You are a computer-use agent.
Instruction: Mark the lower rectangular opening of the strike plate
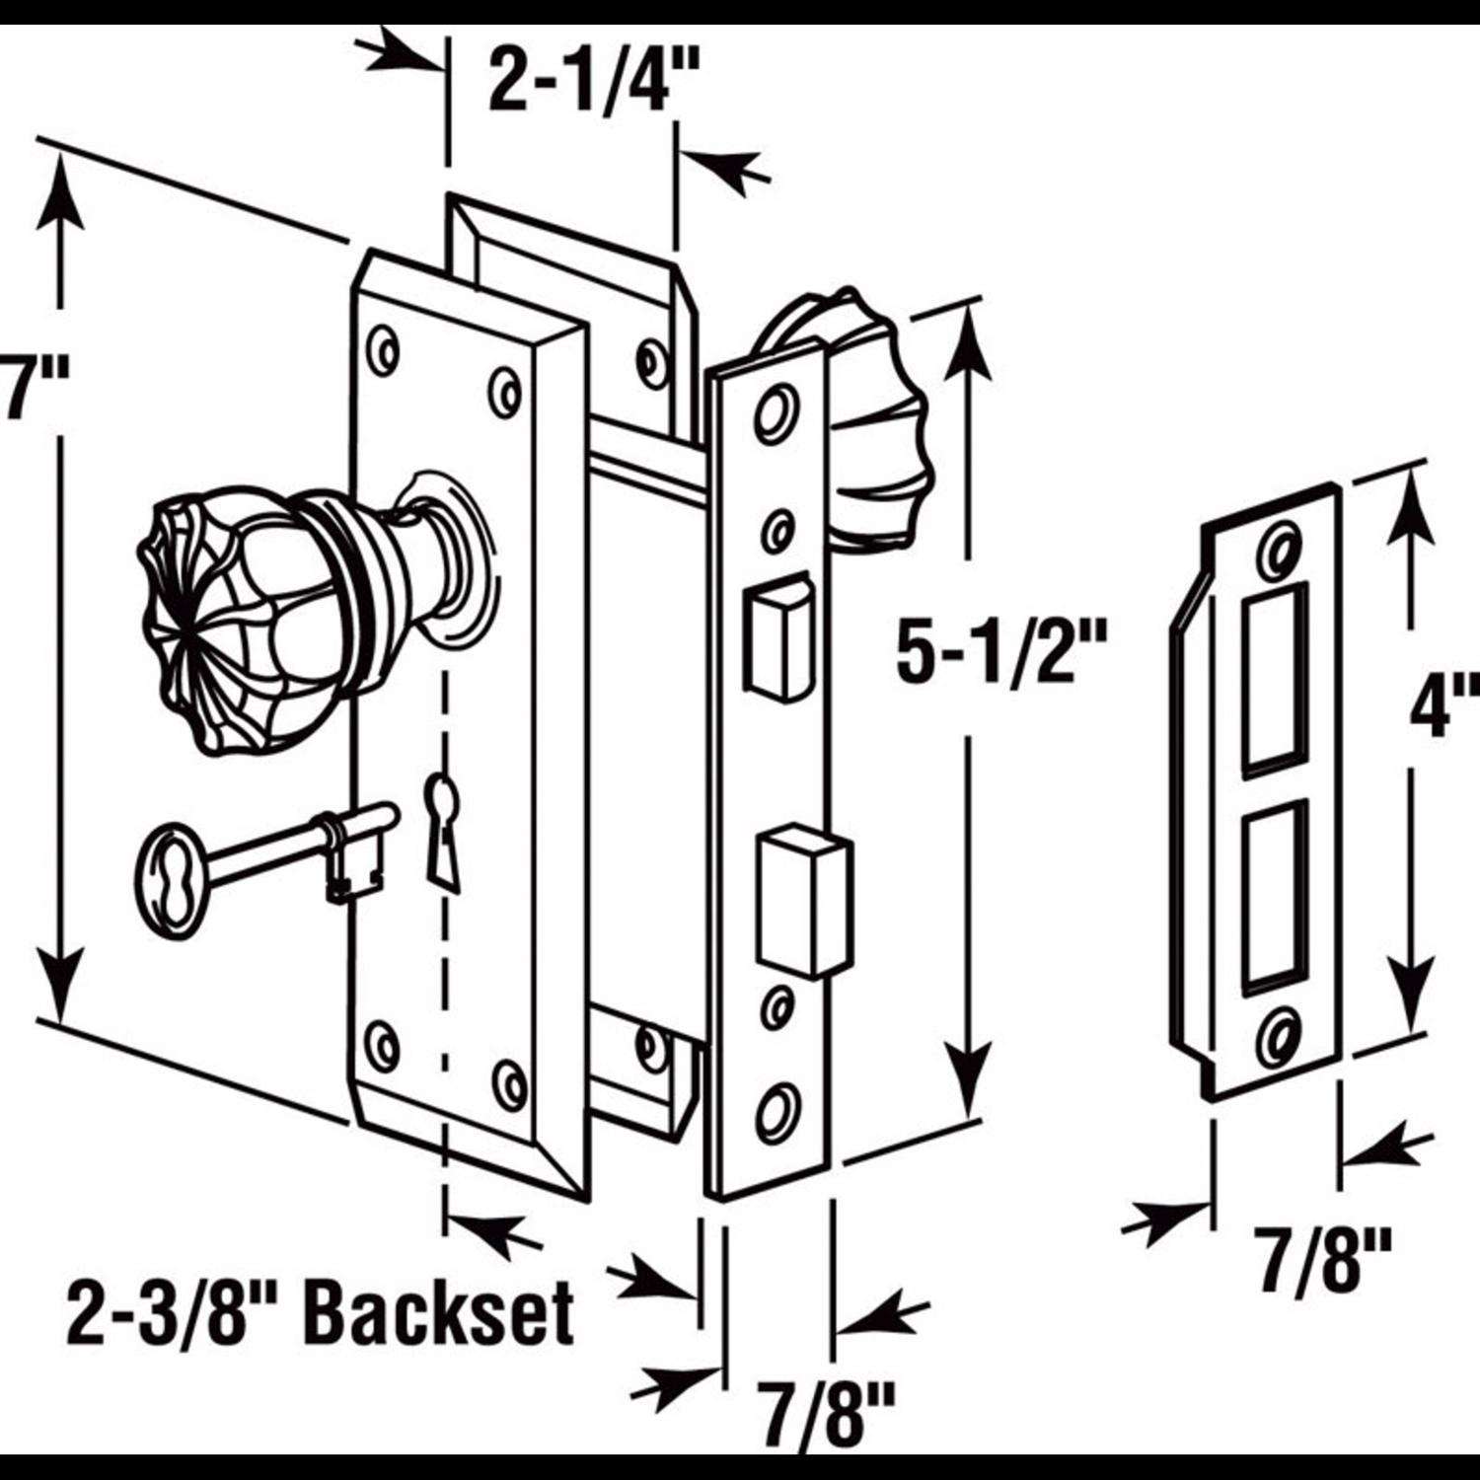pyautogui.click(x=1278, y=893)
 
